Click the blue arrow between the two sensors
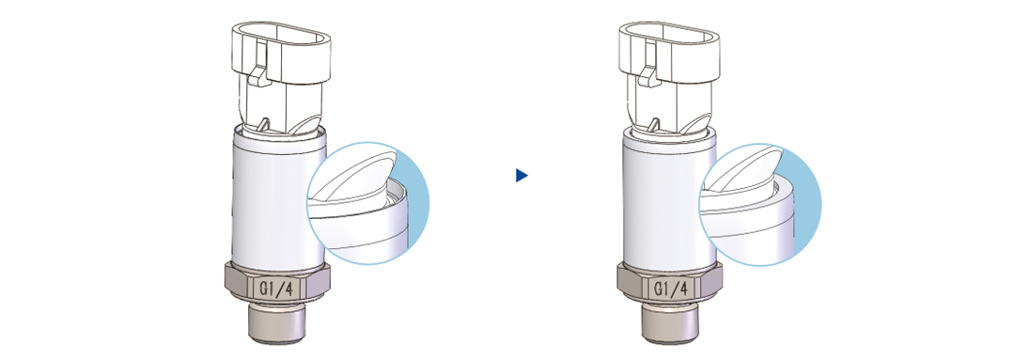(x=522, y=175)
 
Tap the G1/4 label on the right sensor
(x=669, y=288)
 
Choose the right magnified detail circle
(x=759, y=204)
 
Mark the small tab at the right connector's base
(x=654, y=124)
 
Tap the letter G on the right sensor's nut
(x=656, y=288)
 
